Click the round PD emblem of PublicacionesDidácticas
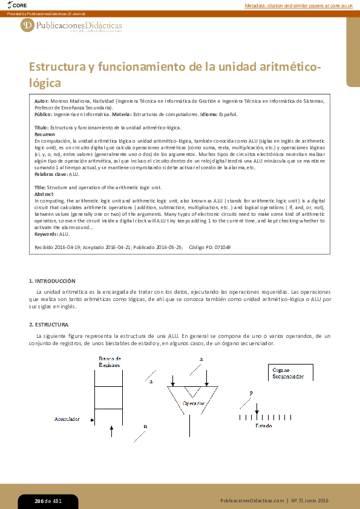click(27, 25)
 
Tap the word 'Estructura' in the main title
click(57, 66)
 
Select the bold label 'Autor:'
click(42, 101)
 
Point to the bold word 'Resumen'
click(44, 134)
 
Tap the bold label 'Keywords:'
click(47, 234)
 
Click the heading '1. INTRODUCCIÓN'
click(53, 281)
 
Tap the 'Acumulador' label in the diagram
click(67, 418)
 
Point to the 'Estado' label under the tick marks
click(263, 426)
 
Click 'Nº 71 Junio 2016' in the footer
click(310, 501)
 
